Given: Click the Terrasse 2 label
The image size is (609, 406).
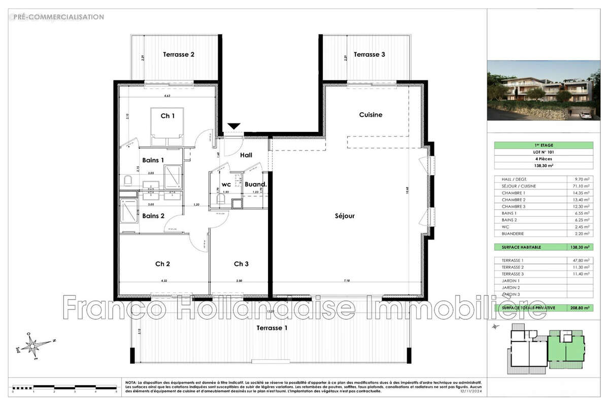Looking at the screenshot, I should click(178, 54).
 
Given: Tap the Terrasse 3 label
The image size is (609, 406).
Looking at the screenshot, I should click(369, 54).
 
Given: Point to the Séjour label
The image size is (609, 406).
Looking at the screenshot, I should click(345, 216).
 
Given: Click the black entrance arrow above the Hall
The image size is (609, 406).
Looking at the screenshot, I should click(233, 126).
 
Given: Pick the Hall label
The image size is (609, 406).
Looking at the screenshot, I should click(246, 155).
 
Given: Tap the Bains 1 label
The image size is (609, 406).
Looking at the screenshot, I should click(153, 160).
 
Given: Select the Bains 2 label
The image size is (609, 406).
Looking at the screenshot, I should click(153, 216).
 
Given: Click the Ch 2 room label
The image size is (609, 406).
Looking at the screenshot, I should click(162, 263).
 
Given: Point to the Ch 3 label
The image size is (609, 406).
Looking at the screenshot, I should click(241, 263).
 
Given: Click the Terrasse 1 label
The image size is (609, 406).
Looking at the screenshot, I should click(272, 328).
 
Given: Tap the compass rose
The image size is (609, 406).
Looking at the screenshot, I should click(34, 347).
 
